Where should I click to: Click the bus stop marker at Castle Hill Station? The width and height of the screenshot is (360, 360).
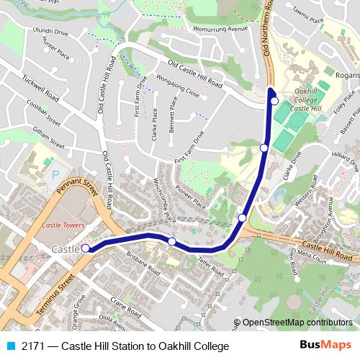click(86, 248)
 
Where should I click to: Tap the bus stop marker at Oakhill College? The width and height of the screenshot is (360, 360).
click(274, 101)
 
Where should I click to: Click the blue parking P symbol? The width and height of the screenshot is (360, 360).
click(55, 175)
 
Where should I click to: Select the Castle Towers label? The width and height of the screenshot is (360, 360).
click(63, 225)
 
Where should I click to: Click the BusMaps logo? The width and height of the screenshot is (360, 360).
click(325, 346)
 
